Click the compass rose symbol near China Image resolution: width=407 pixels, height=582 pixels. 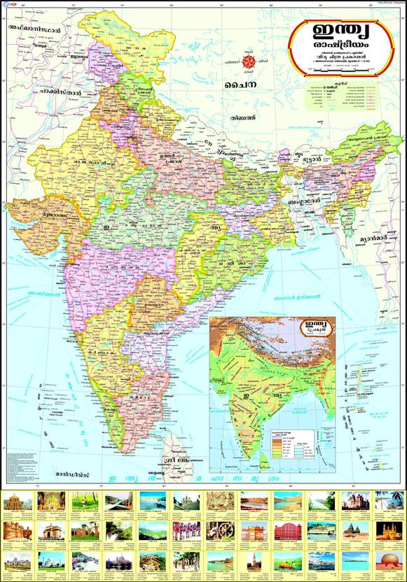(249, 62)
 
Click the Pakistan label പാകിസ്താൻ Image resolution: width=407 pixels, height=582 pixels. (42, 91)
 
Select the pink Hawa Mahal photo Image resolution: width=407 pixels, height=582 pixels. (286, 530)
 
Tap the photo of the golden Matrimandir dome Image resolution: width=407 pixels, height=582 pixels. (388, 561)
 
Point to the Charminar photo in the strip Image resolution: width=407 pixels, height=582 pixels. (388, 530)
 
